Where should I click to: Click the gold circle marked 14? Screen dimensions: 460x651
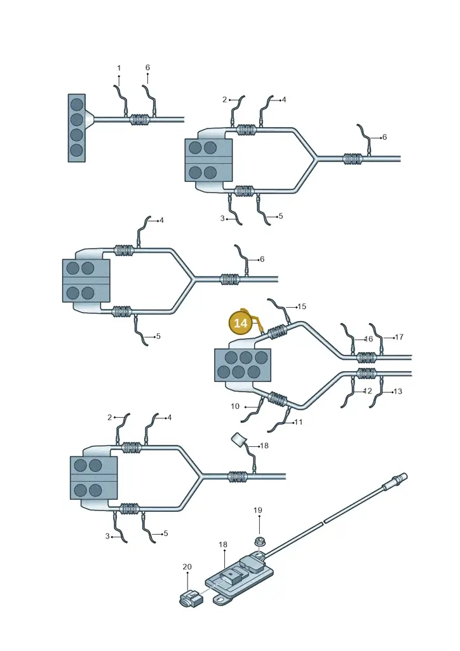[x=241, y=322]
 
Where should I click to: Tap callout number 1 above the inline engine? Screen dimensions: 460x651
[x=119, y=68]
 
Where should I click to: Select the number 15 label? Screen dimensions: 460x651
[x=302, y=306]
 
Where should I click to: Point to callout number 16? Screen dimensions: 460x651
[x=369, y=339]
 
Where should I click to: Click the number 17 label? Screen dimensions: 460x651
[x=399, y=337]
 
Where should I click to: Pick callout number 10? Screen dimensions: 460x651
[x=235, y=406]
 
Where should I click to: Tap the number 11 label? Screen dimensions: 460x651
[x=298, y=422]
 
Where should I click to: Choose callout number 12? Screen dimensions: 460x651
[x=367, y=391]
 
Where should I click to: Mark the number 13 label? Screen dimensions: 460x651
[x=398, y=391]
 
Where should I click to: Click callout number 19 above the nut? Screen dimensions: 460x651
[x=258, y=511]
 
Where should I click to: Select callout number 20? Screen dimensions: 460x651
[x=187, y=566]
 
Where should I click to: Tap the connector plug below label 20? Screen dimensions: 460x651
[x=191, y=598]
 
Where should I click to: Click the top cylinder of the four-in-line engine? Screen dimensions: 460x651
[x=77, y=104]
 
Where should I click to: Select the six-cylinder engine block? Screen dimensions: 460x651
[x=243, y=365]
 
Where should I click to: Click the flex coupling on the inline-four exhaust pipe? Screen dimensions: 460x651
[x=140, y=120]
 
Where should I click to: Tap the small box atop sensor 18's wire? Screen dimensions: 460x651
[x=238, y=440]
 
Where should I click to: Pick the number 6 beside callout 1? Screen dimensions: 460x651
[x=147, y=67]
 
